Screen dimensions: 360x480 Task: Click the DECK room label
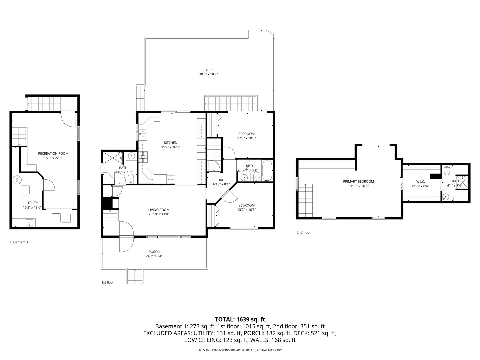pos(208,70)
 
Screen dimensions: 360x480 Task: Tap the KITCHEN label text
pos(170,143)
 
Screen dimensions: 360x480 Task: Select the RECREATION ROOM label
pos(53,154)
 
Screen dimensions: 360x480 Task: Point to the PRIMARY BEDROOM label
pos(358,182)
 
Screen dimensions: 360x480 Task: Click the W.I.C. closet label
pos(420,182)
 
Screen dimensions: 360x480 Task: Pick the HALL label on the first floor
pos(221,180)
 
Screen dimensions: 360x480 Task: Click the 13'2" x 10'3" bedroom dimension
pos(246,210)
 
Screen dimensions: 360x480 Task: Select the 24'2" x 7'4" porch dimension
pos(154,256)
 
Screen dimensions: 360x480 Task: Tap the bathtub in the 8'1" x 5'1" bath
pos(267,171)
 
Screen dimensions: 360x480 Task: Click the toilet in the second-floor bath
pos(447,170)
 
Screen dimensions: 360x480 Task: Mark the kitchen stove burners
pos(143,157)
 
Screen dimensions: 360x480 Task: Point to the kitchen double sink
pos(143,134)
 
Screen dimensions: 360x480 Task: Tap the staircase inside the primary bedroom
pos(306,200)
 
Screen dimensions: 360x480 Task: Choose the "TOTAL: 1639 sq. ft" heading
pos(240,319)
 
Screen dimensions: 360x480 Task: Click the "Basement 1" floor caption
pos(19,242)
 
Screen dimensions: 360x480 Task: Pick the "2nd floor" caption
pos(303,232)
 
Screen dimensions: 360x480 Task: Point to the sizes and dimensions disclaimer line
pos(240,350)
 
